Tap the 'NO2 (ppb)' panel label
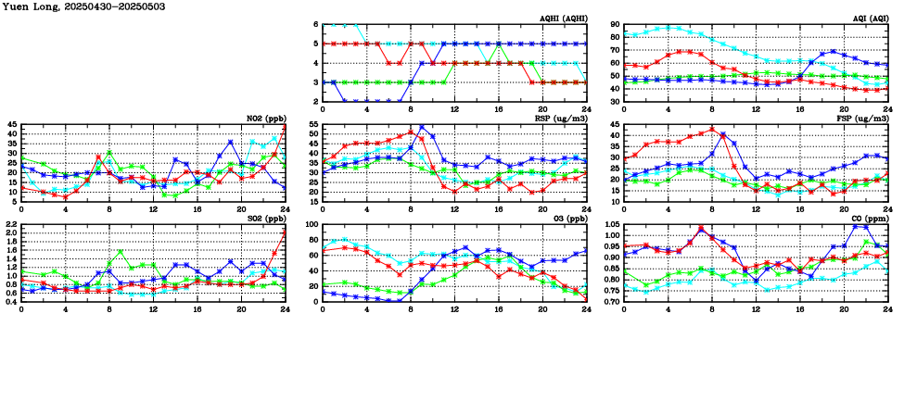tap(264, 119)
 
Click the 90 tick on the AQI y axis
tap(614, 24)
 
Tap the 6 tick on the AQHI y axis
tap(315, 24)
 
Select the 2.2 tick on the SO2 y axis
tap(9, 224)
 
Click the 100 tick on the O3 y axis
tap(310, 224)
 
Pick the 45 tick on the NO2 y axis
tap(11, 124)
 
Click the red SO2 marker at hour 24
tap(284, 232)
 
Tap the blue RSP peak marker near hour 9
tap(422, 128)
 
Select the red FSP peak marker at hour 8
tap(712, 130)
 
